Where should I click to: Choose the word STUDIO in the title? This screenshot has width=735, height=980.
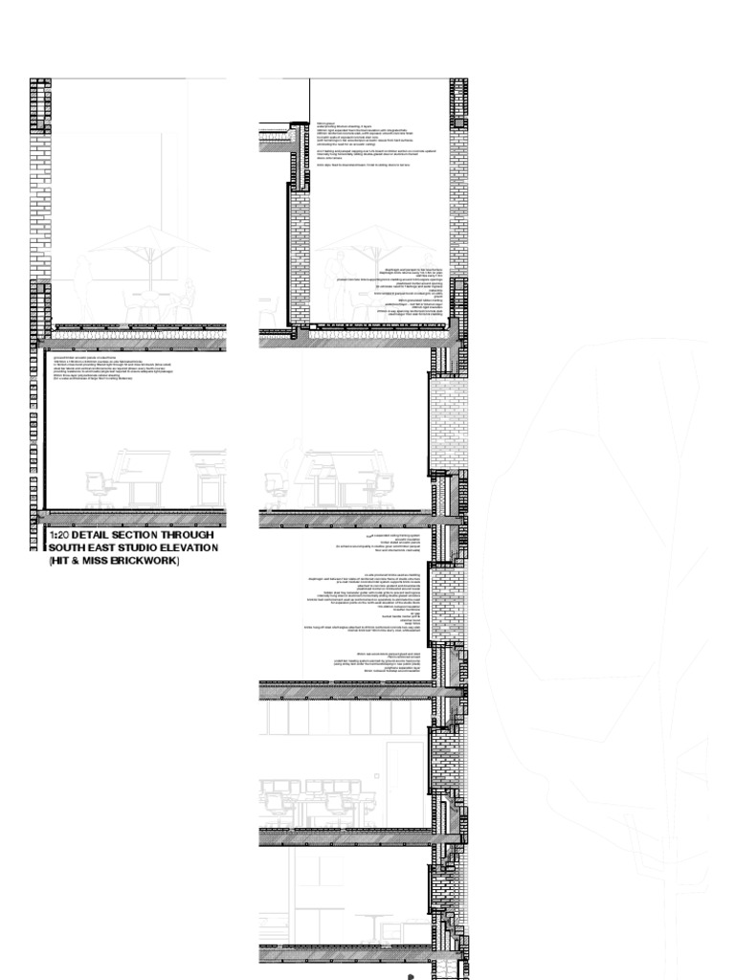[x=145, y=548]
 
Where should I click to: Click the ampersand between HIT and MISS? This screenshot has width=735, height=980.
[x=76, y=561]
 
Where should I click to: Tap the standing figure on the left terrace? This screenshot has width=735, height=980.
[x=84, y=287]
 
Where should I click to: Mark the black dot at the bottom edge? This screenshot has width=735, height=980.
[x=411, y=976]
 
